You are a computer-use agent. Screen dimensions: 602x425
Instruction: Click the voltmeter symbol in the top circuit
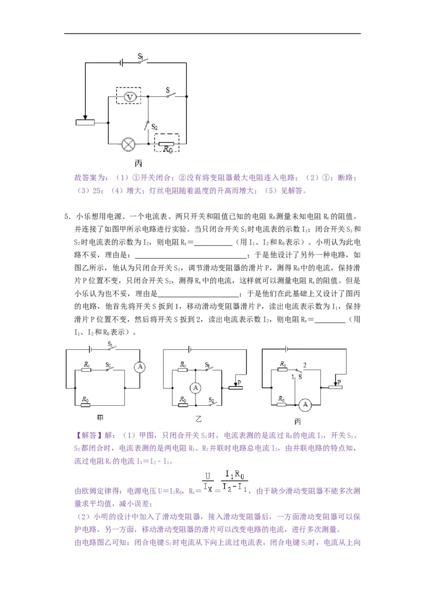[127, 96]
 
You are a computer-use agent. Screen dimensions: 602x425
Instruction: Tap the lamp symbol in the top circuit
[128, 144]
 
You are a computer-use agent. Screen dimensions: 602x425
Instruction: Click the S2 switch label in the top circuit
[154, 127]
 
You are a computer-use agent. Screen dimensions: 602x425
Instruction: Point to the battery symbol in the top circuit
[122, 62]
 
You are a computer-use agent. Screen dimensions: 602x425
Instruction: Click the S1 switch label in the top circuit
[141, 55]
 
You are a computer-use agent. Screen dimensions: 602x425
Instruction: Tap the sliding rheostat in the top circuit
[85, 123]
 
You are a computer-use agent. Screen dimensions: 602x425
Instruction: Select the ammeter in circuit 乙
[195, 388]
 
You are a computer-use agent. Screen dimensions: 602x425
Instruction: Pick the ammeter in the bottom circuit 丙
[304, 405]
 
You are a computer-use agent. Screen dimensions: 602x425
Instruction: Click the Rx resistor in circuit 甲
[87, 371]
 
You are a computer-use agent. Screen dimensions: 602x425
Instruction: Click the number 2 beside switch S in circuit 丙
[304, 365]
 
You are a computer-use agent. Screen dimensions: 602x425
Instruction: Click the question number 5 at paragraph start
[66, 216]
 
